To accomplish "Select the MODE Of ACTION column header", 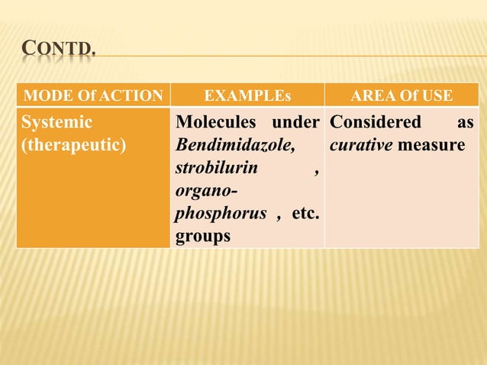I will pos(94,96).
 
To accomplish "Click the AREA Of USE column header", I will pos(401,96).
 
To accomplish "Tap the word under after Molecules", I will pos(296,122).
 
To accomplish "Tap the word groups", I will pos(202,237).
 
